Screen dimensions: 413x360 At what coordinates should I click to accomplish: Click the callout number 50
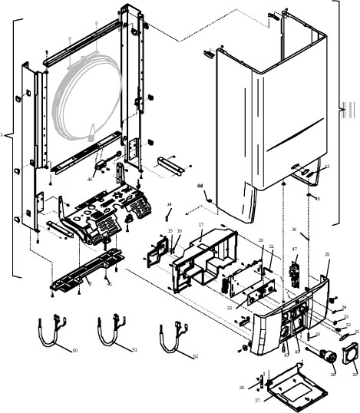[x=74, y=351]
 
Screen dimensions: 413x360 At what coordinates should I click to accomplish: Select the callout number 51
[x=135, y=349]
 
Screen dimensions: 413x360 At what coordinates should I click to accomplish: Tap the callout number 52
[x=195, y=356]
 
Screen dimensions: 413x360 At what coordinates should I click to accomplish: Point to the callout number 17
[x=200, y=225]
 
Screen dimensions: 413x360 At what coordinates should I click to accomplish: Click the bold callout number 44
[x=200, y=186]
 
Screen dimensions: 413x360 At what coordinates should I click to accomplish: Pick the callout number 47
[x=294, y=249]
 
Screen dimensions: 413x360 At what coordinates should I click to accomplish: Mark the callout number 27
[x=257, y=400]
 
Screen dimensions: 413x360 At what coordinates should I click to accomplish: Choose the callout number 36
[x=293, y=229]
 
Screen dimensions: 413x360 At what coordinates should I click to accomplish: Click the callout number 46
[x=90, y=179]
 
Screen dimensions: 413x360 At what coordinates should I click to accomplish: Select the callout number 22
[x=230, y=307]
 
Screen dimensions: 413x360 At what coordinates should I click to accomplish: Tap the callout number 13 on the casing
[x=326, y=167]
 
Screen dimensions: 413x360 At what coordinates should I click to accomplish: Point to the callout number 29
[x=354, y=374]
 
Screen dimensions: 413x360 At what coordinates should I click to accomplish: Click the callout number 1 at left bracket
[x=2, y=135]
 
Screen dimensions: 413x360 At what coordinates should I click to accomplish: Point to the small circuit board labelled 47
[x=294, y=270]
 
